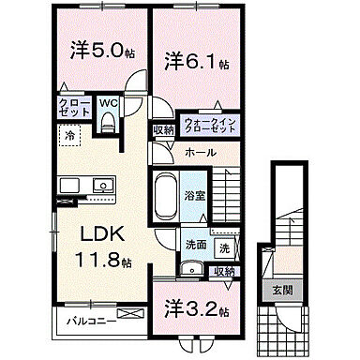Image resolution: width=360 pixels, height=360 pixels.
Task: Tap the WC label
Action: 108,102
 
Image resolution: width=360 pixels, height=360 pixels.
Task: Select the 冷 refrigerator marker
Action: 70,137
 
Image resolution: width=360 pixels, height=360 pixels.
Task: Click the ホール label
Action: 200,152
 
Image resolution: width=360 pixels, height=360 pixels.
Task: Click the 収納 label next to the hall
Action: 163,130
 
